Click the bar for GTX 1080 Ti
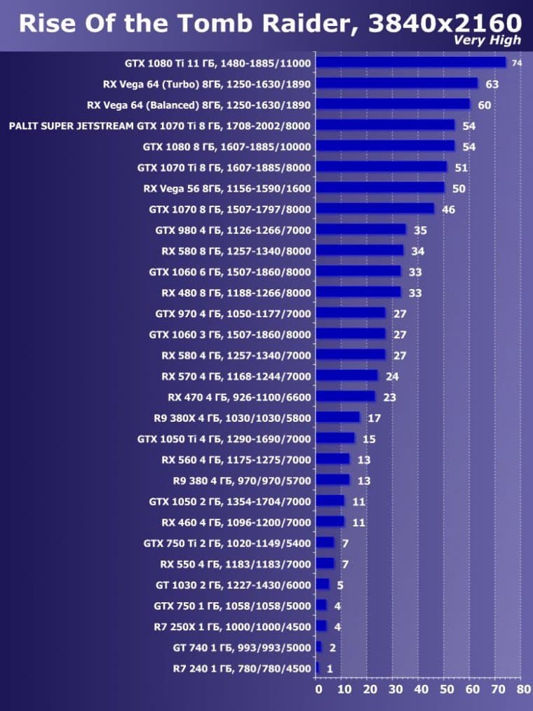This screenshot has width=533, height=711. [410, 63]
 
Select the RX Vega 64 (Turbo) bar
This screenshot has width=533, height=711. [396, 84]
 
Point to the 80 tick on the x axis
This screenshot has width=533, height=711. [523, 689]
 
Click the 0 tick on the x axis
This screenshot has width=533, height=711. [319, 689]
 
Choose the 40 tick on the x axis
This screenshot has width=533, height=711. [421, 689]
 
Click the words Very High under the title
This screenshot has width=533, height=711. [487, 40]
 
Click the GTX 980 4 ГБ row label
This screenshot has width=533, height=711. [233, 230]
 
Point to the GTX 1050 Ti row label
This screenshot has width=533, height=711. [224, 439]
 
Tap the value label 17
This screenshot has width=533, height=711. [374, 418]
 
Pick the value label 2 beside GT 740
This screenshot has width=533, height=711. [332, 648]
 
